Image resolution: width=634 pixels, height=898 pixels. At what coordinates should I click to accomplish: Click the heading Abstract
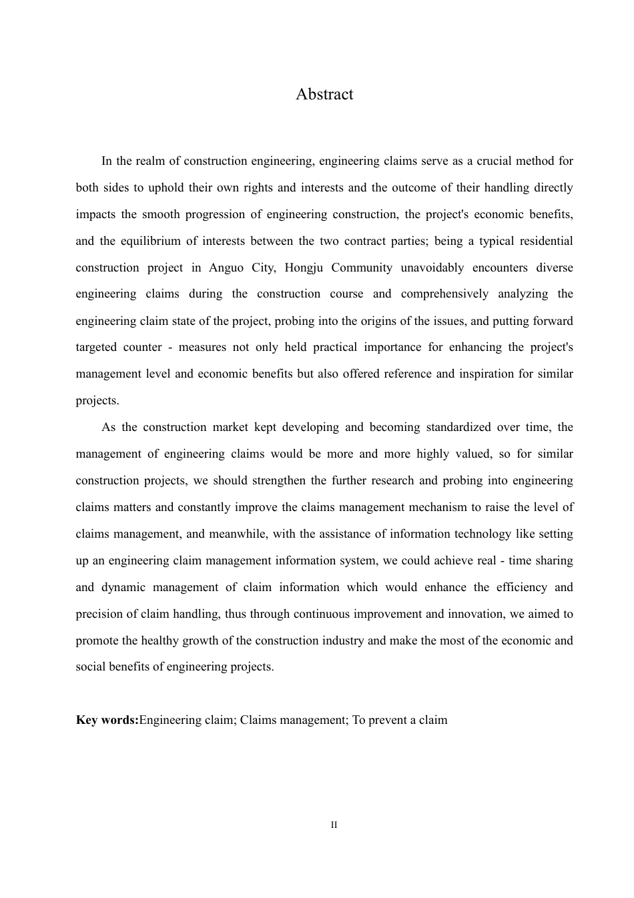[324, 94]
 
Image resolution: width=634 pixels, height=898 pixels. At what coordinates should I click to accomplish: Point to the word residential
[545, 241]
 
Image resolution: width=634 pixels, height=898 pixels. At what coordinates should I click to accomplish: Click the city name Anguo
[226, 268]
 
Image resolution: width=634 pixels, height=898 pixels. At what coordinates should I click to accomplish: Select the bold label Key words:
[107, 720]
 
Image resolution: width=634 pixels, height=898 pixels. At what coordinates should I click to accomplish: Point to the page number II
[334, 825]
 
